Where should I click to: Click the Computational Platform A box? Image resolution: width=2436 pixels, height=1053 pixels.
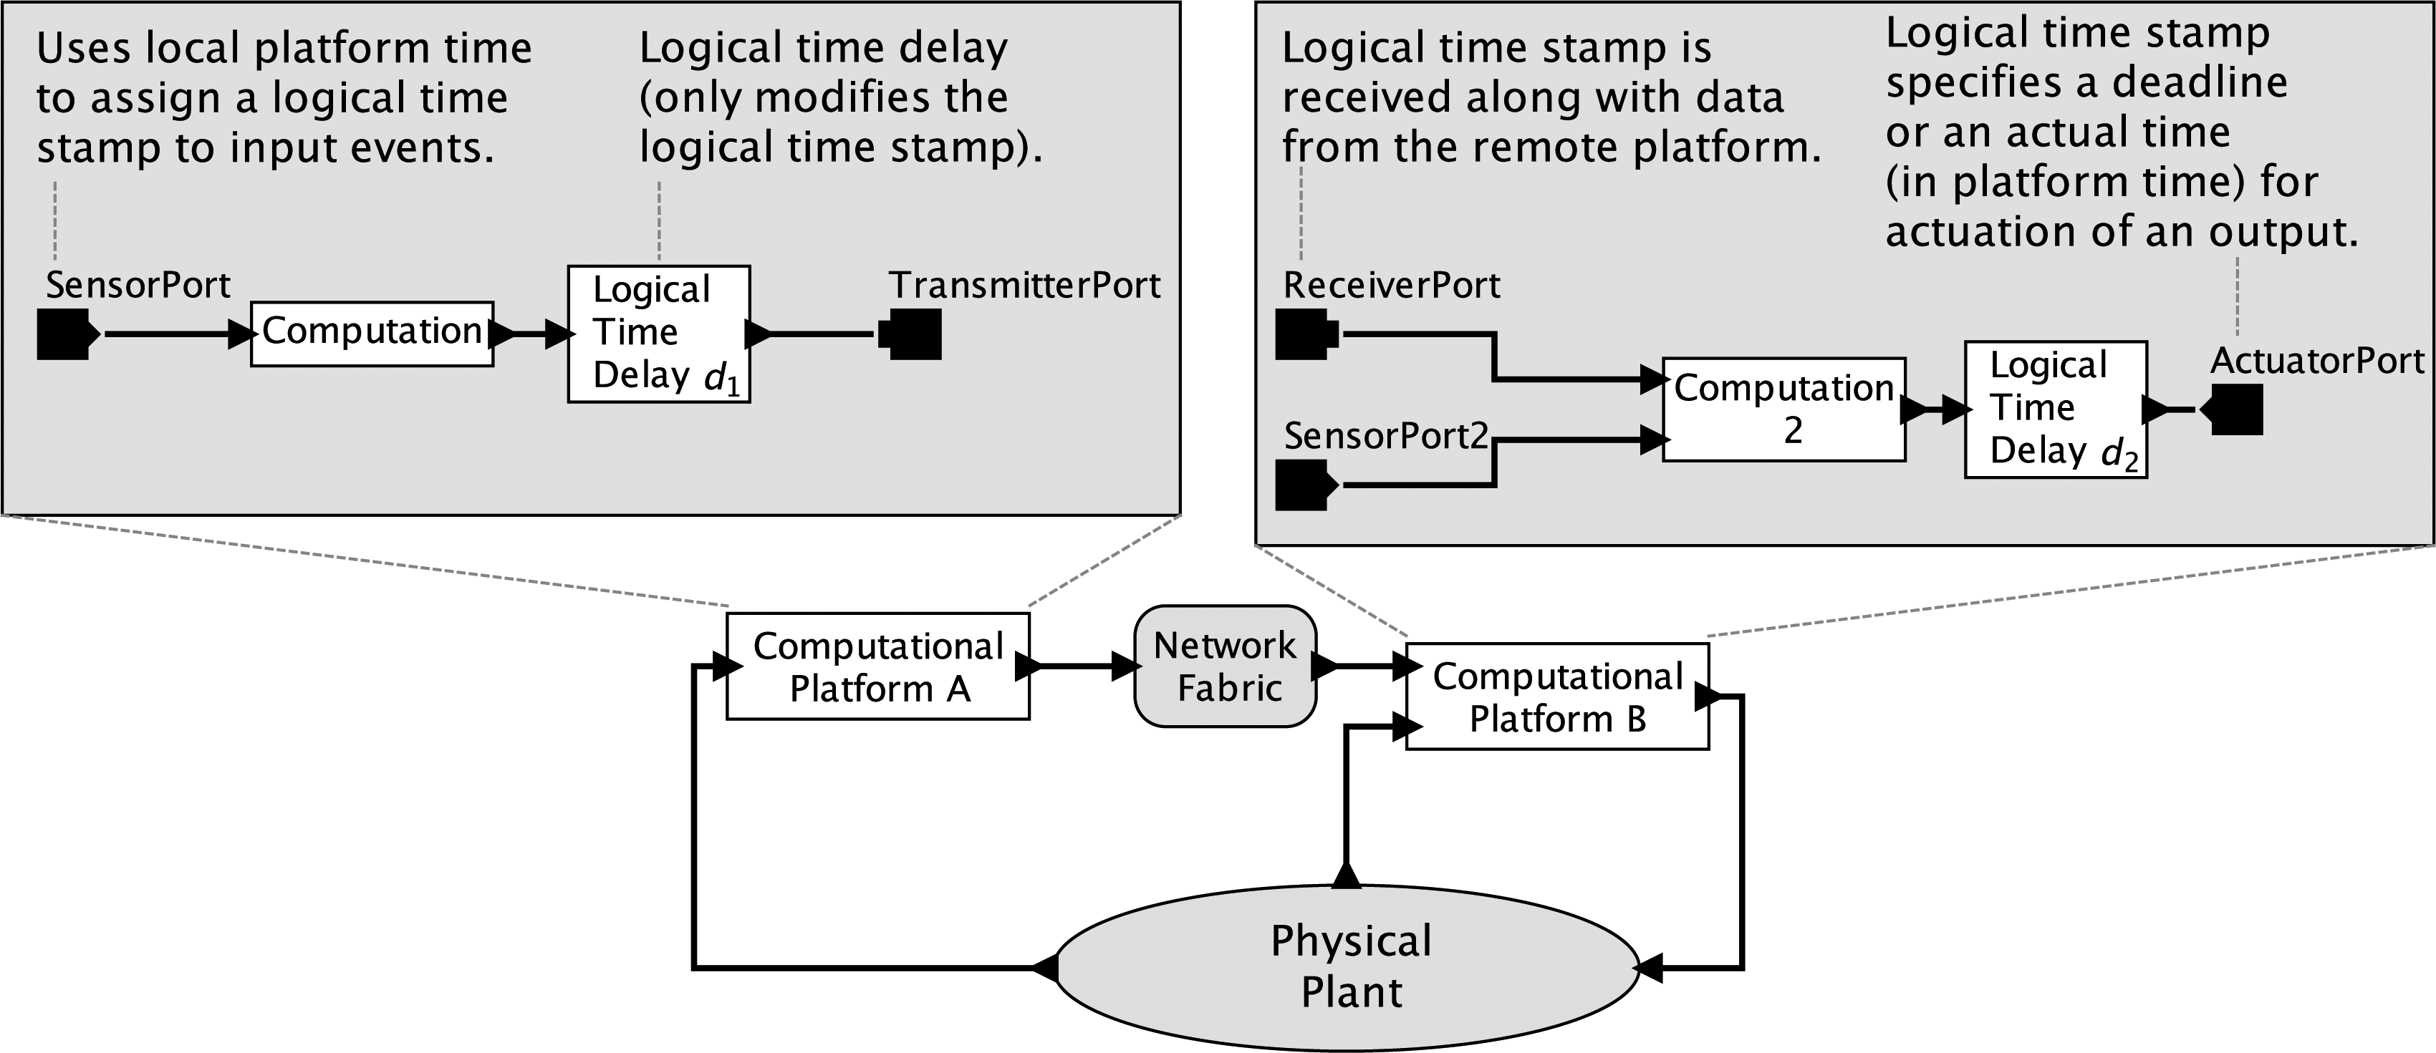(x=877, y=666)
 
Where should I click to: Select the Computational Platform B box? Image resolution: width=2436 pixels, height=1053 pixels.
(x=1557, y=697)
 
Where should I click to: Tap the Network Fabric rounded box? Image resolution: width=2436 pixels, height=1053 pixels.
(x=1226, y=666)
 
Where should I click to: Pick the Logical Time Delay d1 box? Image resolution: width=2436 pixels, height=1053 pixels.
(x=659, y=334)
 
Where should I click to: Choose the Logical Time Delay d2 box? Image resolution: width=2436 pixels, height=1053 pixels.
(x=2056, y=409)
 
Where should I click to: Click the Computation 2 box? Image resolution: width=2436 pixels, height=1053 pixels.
(x=1783, y=409)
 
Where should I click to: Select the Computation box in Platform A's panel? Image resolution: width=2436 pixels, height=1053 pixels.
(x=372, y=334)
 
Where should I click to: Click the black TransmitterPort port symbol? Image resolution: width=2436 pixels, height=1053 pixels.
(x=912, y=334)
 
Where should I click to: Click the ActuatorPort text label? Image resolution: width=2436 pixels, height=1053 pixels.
(x=2317, y=361)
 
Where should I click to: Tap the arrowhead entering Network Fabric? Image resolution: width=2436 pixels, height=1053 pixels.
(x=1125, y=666)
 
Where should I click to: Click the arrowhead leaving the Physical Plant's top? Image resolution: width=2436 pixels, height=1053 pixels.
(x=1346, y=874)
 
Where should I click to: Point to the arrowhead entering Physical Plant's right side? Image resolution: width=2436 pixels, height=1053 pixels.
(x=1648, y=968)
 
